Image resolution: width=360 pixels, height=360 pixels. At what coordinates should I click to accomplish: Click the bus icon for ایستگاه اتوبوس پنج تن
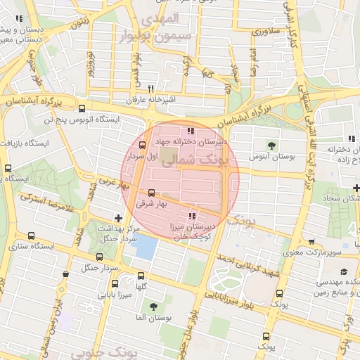[x=83, y=108]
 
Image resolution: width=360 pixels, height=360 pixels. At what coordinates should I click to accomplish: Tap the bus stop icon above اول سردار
[x=143, y=146]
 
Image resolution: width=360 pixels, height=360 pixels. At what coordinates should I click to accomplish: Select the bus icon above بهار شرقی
[x=151, y=192]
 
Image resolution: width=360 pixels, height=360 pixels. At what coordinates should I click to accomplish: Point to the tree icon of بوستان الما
[x=153, y=307]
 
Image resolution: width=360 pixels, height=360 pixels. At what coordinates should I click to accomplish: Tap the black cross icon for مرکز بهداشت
[x=118, y=218]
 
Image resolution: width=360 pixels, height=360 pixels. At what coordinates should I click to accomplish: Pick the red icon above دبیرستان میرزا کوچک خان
[x=193, y=216]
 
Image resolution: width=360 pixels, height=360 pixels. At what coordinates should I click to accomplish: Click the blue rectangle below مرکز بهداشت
[x=146, y=246]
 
